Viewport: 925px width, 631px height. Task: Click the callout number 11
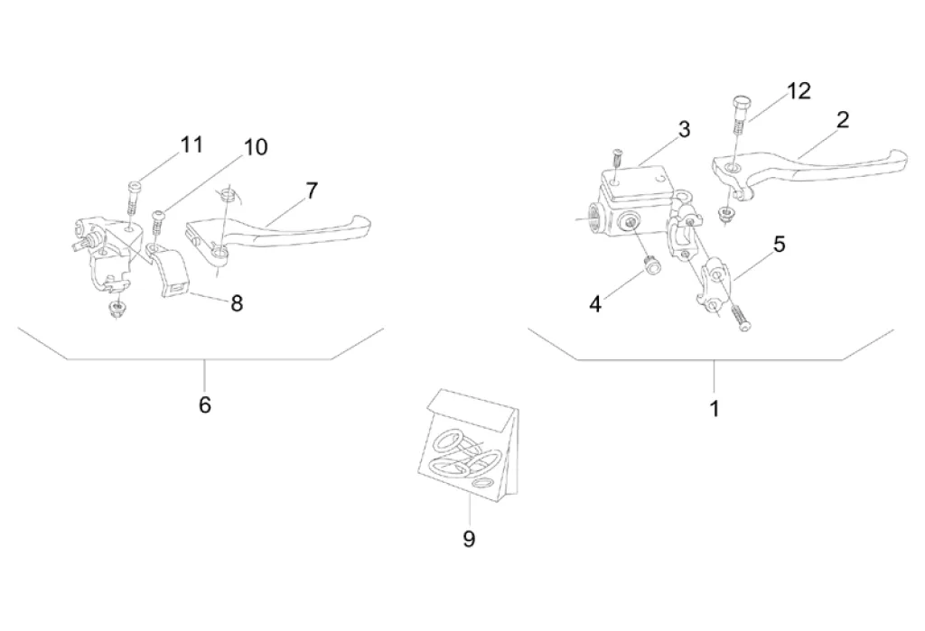[192, 144]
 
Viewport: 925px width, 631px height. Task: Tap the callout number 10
[256, 147]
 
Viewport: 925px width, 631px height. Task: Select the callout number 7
[312, 190]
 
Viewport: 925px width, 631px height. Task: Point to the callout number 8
[237, 303]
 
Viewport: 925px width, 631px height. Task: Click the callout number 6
[205, 405]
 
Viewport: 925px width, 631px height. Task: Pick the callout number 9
[469, 539]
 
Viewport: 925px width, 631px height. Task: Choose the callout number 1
[714, 409]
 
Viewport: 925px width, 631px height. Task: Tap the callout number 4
[595, 304]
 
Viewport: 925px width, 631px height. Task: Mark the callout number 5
[779, 244]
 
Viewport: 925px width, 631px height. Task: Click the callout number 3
[685, 129]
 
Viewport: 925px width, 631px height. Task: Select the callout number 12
[799, 91]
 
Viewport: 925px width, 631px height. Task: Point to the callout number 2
[843, 120]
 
